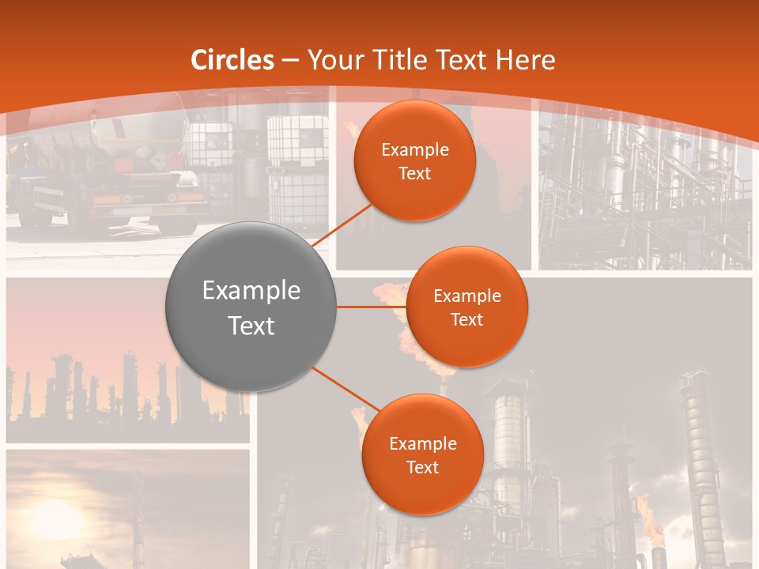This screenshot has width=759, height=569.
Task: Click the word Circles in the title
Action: [232, 60]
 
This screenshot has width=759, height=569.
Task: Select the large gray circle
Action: [251, 307]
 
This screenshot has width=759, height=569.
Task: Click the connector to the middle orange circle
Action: [370, 307]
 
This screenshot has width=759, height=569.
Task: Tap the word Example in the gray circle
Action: [251, 291]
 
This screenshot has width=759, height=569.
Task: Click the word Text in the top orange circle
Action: [414, 174]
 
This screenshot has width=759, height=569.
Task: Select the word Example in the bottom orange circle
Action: [422, 444]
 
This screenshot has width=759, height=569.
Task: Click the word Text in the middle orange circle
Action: [466, 320]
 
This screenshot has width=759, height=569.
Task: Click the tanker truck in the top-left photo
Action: [103, 174]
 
